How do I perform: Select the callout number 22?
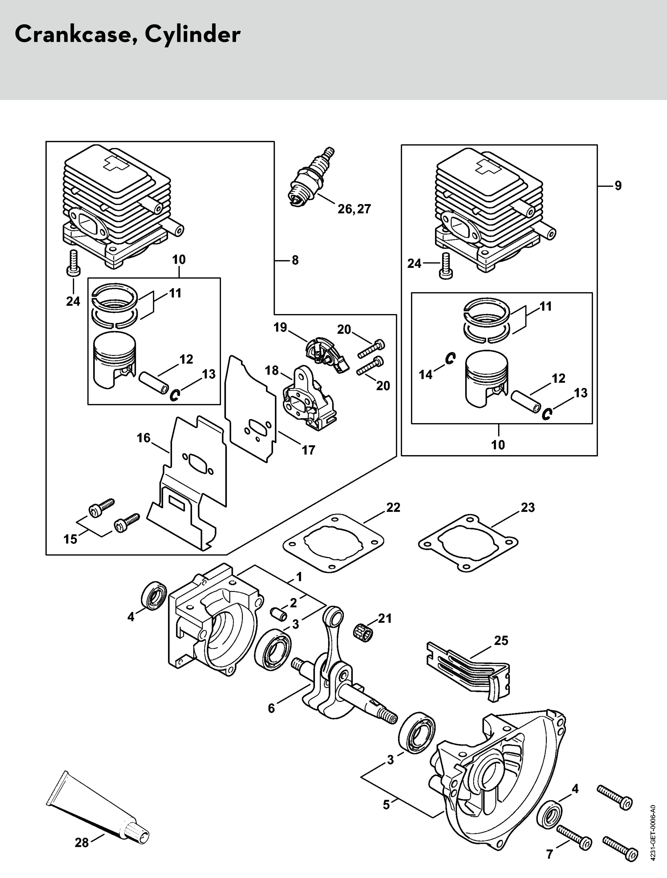tap(393, 507)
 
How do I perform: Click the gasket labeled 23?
tap(468, 542)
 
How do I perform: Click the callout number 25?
tap(501, 640)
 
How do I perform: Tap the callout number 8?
tap(295, 260)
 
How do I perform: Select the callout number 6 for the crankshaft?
tap(272, 708)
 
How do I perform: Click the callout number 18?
tap(272, 371)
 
